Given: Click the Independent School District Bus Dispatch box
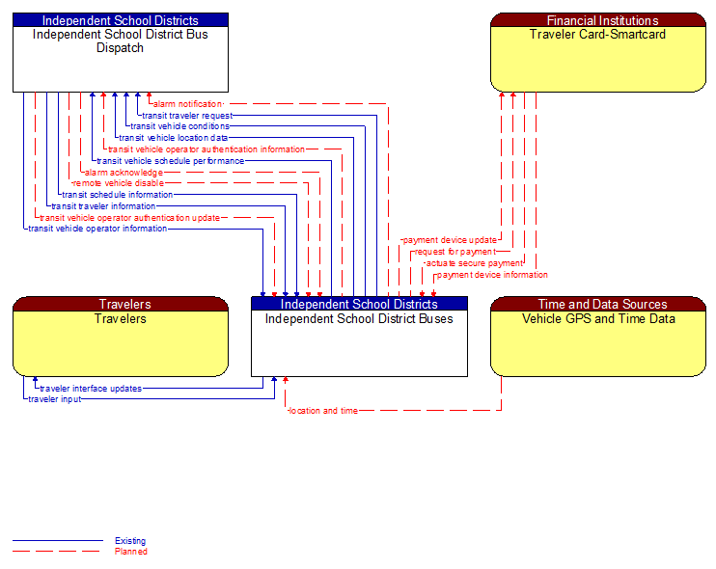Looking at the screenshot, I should [x=120, y=58].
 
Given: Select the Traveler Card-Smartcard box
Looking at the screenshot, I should [x=597, y=58].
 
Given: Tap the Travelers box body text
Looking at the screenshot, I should [x=121, y=319].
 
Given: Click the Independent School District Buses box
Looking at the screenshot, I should [x=359, y=342].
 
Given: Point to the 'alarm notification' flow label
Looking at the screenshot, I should [x=187, y=103].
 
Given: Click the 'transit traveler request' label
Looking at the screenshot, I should [x=187, y=115].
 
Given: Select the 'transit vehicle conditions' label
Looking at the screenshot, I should [x=179, y=126].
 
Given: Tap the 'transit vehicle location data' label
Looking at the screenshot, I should [x=174, y=138].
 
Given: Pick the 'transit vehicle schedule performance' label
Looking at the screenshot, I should [x=171, y=161].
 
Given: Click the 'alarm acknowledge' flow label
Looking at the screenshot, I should [x=124, y=173].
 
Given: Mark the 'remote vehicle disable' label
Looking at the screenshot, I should [x=119, y=183].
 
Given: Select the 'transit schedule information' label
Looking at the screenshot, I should [x=118, y=195].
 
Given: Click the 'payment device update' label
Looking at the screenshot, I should [x=450, y=240].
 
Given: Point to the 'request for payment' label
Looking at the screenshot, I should [x=454, y=252].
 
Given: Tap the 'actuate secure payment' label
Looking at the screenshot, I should [x=474, y=263].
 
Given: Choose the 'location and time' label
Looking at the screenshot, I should [x=323, y=411].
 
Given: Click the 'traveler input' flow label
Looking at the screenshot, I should [x=55, y=399].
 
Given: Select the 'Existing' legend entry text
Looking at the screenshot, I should [x=130, y=541].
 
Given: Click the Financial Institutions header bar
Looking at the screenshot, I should [x=597, y=20].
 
